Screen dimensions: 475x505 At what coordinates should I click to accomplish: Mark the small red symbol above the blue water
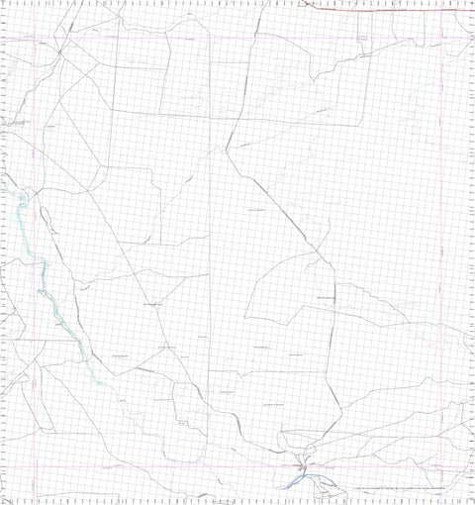[x=305, y=463]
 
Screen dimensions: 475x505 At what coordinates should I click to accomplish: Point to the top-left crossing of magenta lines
[x=37, y=40]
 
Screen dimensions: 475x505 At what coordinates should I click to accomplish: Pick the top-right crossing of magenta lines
[x=442, y=40]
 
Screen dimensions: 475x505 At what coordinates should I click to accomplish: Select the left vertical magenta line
[x=37, y=248]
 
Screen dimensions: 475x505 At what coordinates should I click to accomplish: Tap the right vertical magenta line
[x=442, y=248]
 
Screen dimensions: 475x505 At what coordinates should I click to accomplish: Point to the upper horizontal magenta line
[x=237, y=40]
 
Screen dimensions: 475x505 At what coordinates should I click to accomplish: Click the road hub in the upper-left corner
[x=59, y=50]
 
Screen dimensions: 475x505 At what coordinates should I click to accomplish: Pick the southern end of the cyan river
[x=100, y=382]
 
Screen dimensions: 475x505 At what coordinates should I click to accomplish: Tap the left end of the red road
[x=303, y=3]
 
